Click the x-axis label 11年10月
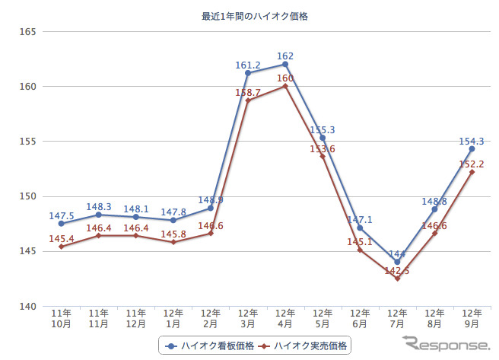[61, 318]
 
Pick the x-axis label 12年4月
[285, 318]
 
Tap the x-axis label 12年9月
[472, 318]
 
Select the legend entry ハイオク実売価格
[304, 346]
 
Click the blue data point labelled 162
[285, 64]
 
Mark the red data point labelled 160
[285, 86]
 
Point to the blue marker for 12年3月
[248, 73]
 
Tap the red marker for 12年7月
[397, 279]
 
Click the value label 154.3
[472, 141]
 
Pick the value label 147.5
[61, 215]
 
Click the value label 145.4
[61, 239]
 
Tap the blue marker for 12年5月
[323, 138]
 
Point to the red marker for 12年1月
[173, 242]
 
